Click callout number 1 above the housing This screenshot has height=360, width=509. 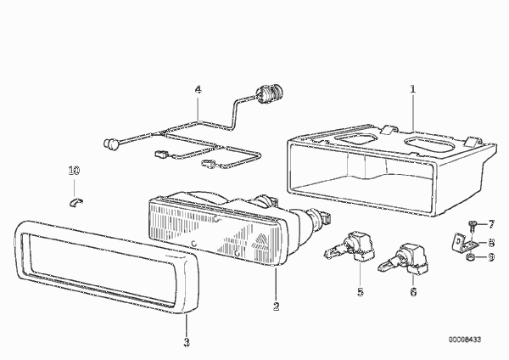click(412, 89)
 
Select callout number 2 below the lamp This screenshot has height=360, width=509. click(276, 307)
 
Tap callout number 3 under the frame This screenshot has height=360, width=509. click(187, 342)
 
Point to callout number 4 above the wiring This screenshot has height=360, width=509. click(198, 89)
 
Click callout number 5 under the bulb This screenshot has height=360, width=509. click(361, 292)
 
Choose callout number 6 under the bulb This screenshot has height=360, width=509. click(413, 292)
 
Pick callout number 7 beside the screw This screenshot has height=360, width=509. click(491, 224)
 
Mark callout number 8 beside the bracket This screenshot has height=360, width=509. click(491, 242)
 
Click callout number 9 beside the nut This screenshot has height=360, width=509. click(491, 257)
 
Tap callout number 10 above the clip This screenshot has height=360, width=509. click(74, 171)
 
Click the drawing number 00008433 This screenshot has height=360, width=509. click(465, 340)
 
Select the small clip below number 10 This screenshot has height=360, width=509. click(76, 202)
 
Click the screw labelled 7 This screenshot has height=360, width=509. click(473, 225)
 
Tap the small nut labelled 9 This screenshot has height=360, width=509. click(471, 257)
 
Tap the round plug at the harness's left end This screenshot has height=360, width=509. click(109, 143)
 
